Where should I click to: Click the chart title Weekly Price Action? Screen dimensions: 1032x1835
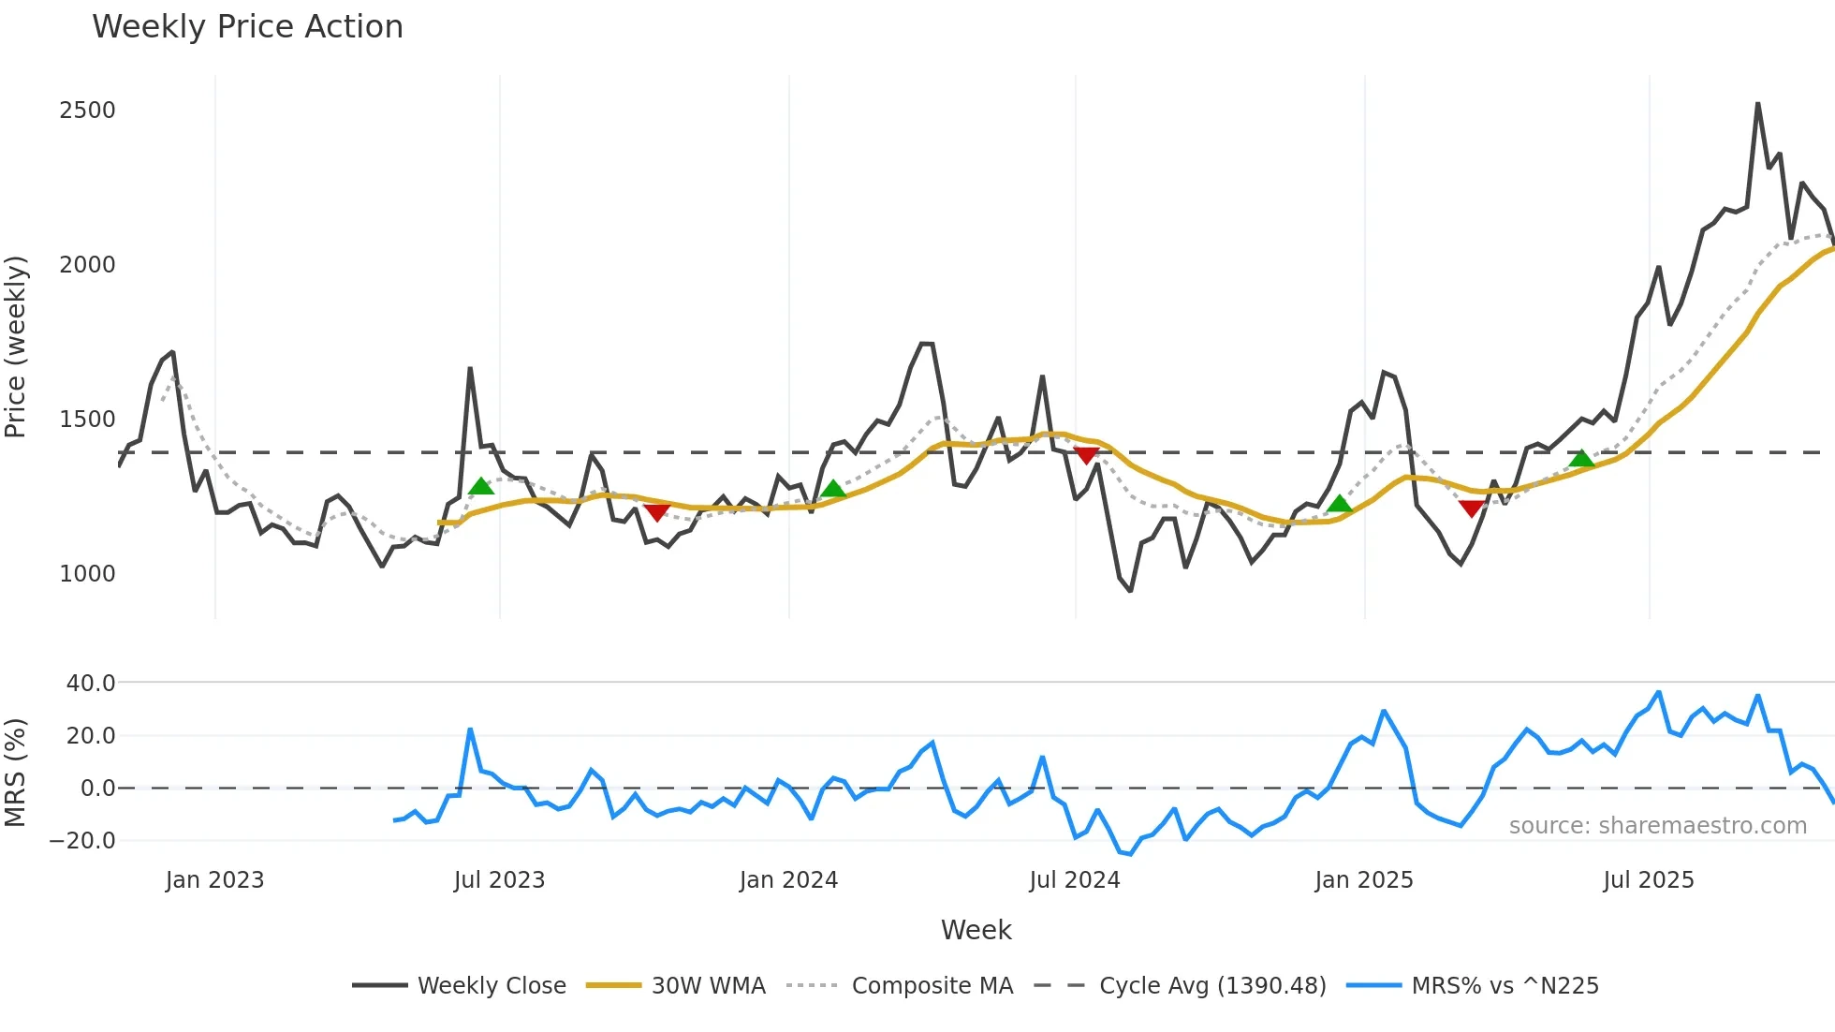point(247,27)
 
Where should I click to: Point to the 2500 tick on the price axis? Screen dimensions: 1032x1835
point(87,111)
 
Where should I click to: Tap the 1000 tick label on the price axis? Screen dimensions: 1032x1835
point(87,574)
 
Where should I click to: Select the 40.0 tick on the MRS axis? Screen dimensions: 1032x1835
point(91,684)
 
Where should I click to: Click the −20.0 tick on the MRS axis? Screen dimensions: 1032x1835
point(82,841)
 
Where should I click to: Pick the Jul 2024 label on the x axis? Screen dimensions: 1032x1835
point(1074,880)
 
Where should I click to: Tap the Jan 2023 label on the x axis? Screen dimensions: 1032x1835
point(214,880)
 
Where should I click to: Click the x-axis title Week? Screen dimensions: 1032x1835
point(976,930)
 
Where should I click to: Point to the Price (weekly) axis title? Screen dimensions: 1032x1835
point(16,346)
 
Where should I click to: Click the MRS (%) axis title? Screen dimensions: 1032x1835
point(16,773)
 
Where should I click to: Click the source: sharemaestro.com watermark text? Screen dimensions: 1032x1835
point(1657,826)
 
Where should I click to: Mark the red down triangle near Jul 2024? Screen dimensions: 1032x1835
point(1086,455)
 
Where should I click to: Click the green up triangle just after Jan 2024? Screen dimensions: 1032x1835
point(832,489)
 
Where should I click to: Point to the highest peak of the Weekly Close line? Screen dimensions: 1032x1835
point(1757,104)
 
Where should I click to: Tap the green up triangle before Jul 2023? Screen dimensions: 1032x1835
point(480,486)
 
